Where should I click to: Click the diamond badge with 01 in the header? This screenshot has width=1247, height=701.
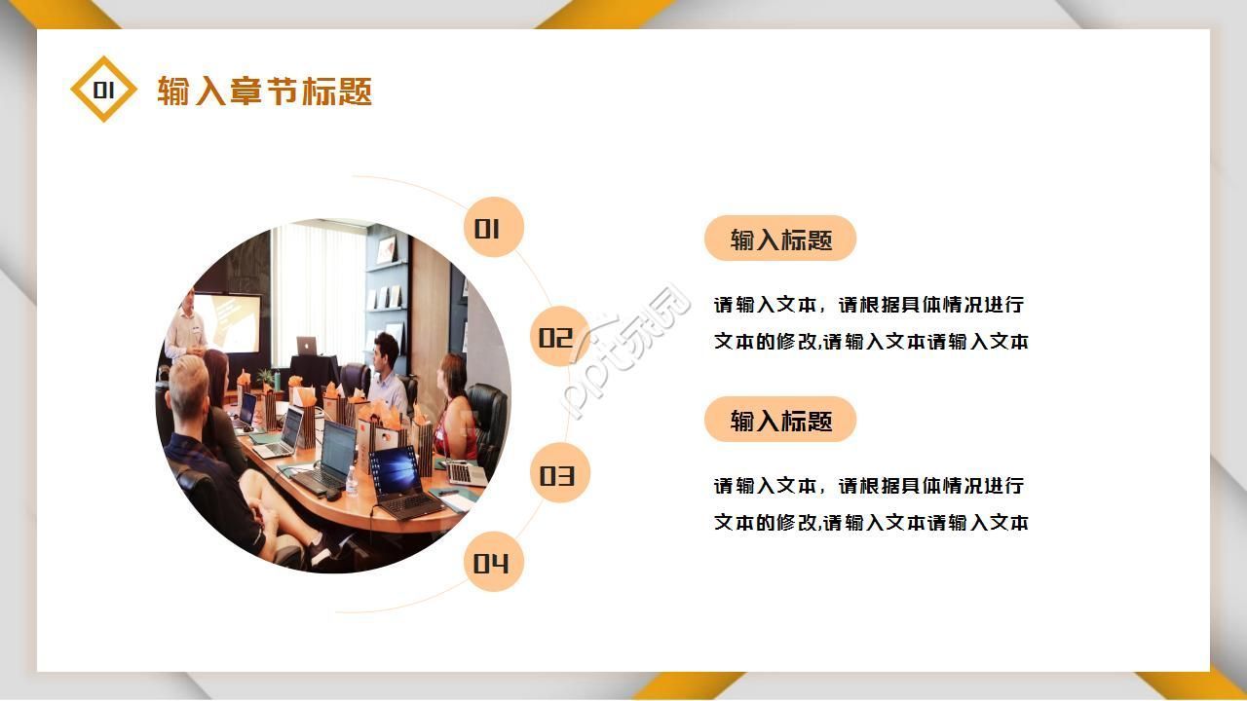(x=103, y=90)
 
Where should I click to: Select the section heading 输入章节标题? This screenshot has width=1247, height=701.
(x=265, y=91)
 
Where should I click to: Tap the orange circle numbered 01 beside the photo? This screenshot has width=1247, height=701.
(x=493, y=228)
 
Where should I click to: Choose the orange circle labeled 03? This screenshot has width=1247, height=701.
(x=559, y=474)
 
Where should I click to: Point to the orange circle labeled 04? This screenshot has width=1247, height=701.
(x=493, y=563)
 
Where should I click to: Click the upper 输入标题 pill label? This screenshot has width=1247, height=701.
(x=780, y=240)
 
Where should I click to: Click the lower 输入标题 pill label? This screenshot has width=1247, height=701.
(x=780, y=421)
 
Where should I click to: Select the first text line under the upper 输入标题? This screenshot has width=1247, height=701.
(x=869, y=305)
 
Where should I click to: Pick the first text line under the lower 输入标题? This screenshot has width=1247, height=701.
(x=869, y=486)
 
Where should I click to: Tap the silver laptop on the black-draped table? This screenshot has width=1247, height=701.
(x=307, y=345)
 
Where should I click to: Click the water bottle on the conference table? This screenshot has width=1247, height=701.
(x=351, y=479)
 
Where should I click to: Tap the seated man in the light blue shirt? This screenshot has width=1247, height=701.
(x=388, y=375)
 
